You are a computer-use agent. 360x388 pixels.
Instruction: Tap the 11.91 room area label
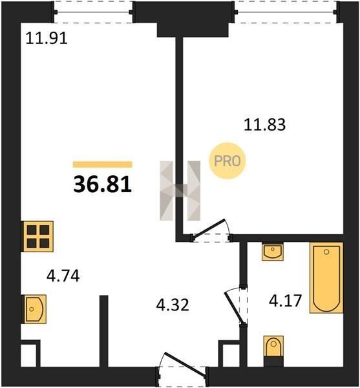tap(47, 38)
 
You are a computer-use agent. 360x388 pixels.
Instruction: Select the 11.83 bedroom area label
tap(264, 124)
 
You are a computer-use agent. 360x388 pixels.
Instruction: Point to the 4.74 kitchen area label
tap(63, 276)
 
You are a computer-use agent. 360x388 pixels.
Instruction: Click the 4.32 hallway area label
tap(173, 305)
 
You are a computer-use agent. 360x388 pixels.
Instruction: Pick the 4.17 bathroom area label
tap(285, 301)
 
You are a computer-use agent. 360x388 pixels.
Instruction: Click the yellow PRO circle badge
tap(228, 161)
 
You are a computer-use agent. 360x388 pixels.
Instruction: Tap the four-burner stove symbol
tap(38, 236)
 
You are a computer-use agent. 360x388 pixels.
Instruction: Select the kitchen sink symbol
tap(35, 309)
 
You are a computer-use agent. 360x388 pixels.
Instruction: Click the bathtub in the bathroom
tap(326, 277)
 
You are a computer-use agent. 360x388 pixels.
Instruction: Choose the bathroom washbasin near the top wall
tap(273, 252)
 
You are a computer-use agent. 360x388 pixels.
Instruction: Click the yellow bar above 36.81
tap(102, 164)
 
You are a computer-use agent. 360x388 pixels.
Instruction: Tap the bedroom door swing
tap(211, 230)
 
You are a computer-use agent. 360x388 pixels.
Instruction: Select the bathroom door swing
tap(235, 307)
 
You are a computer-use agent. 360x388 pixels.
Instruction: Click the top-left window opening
tap(94, 12)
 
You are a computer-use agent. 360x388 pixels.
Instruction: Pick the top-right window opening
tap(286, 12)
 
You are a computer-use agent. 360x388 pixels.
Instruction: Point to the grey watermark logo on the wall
tap(180, 191)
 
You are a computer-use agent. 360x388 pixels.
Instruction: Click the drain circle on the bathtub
tap(326, 252)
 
